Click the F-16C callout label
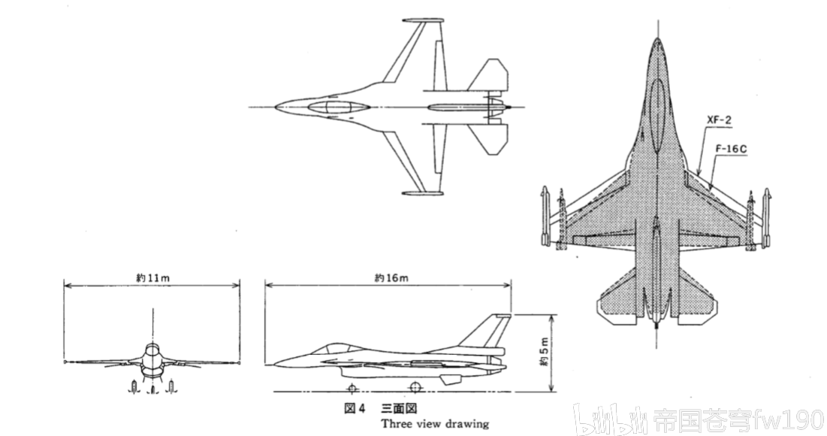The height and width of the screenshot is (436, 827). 731,149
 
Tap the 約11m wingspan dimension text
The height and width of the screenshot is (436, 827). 153,278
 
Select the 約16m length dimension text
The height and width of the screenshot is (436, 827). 391,278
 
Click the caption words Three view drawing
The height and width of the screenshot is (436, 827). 434,423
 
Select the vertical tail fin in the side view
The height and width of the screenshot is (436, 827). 491,331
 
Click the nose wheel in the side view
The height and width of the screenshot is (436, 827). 351,387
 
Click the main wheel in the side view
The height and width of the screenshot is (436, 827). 414,386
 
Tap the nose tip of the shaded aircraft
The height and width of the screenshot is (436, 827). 657,41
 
